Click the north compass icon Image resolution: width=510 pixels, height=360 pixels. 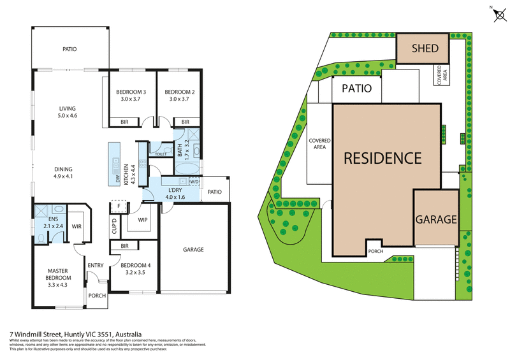pos(497,16)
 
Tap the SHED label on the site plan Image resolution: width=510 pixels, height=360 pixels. pos(425,48)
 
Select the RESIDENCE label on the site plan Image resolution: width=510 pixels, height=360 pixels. pos(382,158)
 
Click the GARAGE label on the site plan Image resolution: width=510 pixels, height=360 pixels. pos(436,219)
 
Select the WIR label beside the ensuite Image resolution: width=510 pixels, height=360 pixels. pos(76,226)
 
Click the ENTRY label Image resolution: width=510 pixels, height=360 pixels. pos(96,266)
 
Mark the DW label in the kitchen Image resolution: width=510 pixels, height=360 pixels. pos(118,179)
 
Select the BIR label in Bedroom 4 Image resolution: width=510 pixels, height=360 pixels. pos(125,246)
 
